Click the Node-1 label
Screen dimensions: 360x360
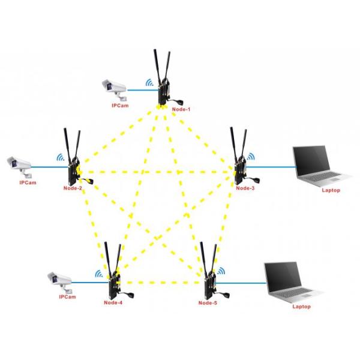pyautogui.click(x=181, y=109)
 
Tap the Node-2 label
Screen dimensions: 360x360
pyautogui.click(x=73, y=189)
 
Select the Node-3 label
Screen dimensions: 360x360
pyautogui.click(x=245, y=188)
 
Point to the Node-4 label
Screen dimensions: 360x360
pyautogui.click(x=112, y=302)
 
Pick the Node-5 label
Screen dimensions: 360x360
pyautogui.click(x=208, y=302)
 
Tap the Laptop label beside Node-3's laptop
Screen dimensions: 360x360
pyautogui.click(x=331, y=190)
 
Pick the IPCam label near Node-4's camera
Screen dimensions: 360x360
pyautogui.click(x=67, y=297)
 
